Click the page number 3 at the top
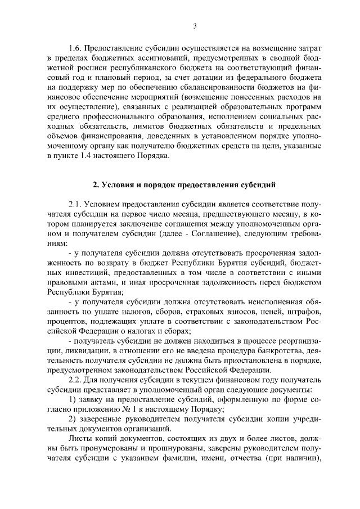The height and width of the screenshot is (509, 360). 194,25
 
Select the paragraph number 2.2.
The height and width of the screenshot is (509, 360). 75,381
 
